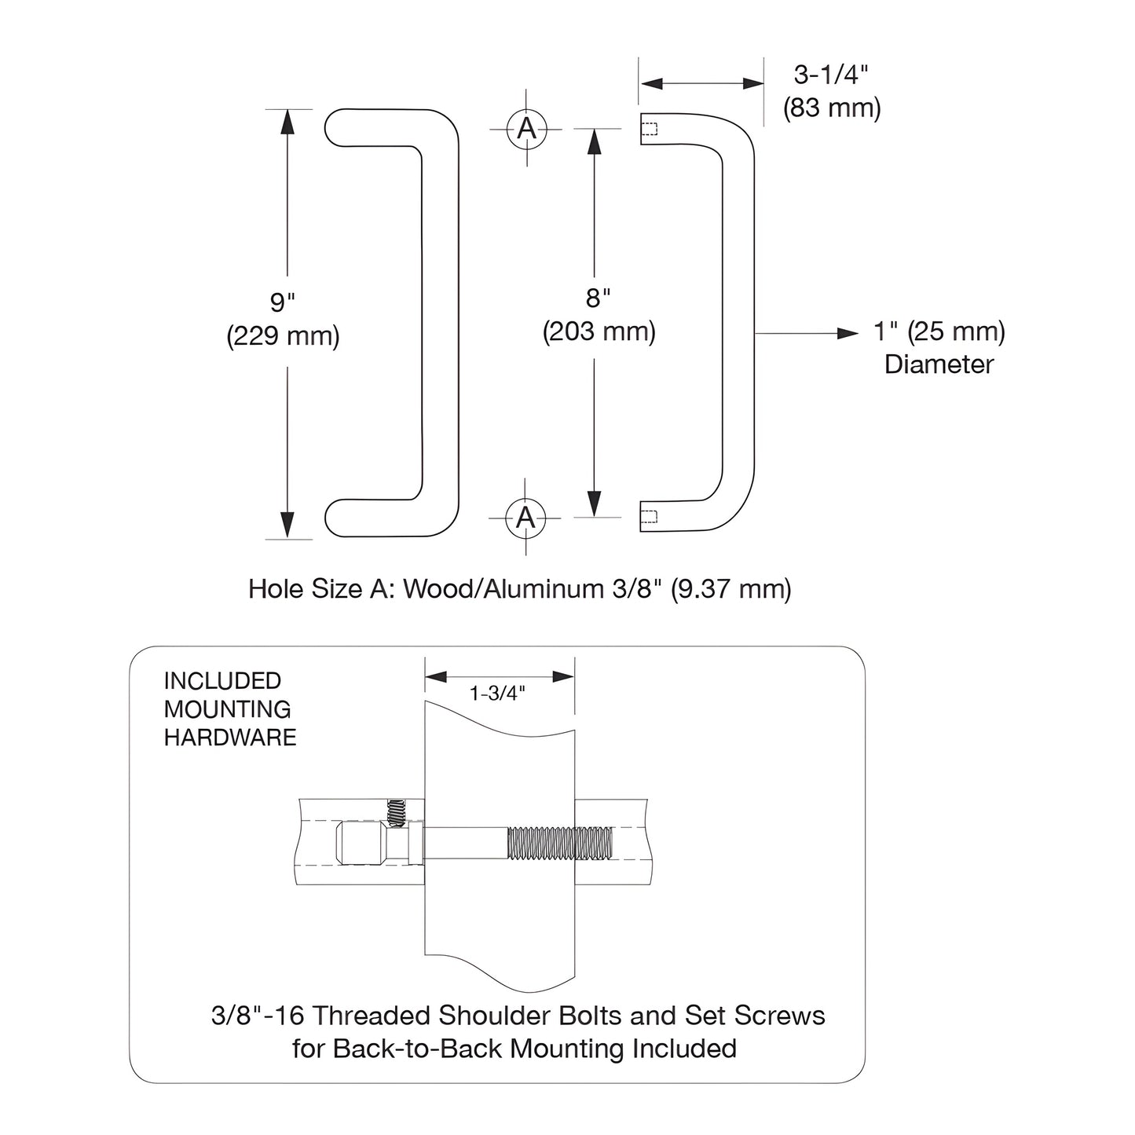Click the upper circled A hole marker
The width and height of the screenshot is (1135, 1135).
pos(526,128)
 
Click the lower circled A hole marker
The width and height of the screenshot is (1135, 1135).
pos(525,518)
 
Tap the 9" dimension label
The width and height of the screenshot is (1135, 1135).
pos(283,302)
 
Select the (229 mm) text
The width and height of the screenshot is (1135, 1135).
pos(283,336)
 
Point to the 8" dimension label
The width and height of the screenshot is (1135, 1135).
pos(598,298)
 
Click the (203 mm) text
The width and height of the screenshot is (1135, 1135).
pos(599,331)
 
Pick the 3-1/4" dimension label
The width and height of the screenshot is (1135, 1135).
pos(831,75)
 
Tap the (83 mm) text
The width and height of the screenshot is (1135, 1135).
pos(831,108)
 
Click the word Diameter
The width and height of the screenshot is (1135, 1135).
pos(939,364)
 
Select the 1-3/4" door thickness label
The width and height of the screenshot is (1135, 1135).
pos(497,694)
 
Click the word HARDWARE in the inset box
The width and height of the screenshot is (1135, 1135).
pos(230,738)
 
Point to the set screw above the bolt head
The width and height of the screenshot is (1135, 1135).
pos(396,813)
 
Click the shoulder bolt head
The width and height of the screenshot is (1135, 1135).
pos(361,843)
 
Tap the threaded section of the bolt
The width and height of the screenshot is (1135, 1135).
pos(560,843)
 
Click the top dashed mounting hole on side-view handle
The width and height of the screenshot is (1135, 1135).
pos(649,128)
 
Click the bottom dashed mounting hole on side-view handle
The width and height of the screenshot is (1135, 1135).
pos(649,516)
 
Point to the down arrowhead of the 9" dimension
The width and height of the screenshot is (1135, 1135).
pos(287,522)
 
